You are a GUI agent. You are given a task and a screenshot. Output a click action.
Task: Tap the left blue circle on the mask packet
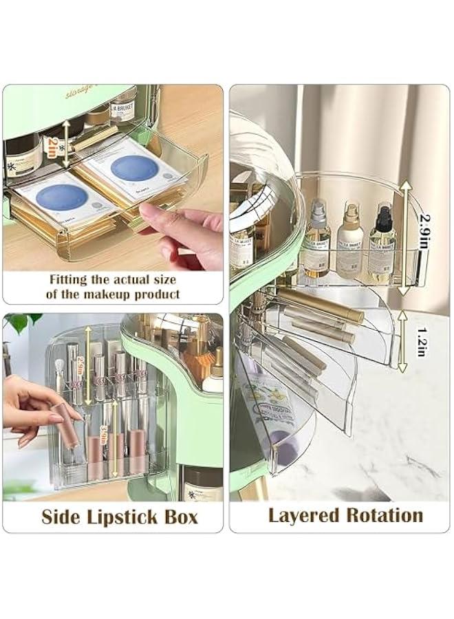(62, 197)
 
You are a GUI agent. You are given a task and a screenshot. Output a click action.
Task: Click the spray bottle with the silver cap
(317, 241)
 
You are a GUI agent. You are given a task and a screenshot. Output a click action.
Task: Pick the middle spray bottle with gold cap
(349, 241)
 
